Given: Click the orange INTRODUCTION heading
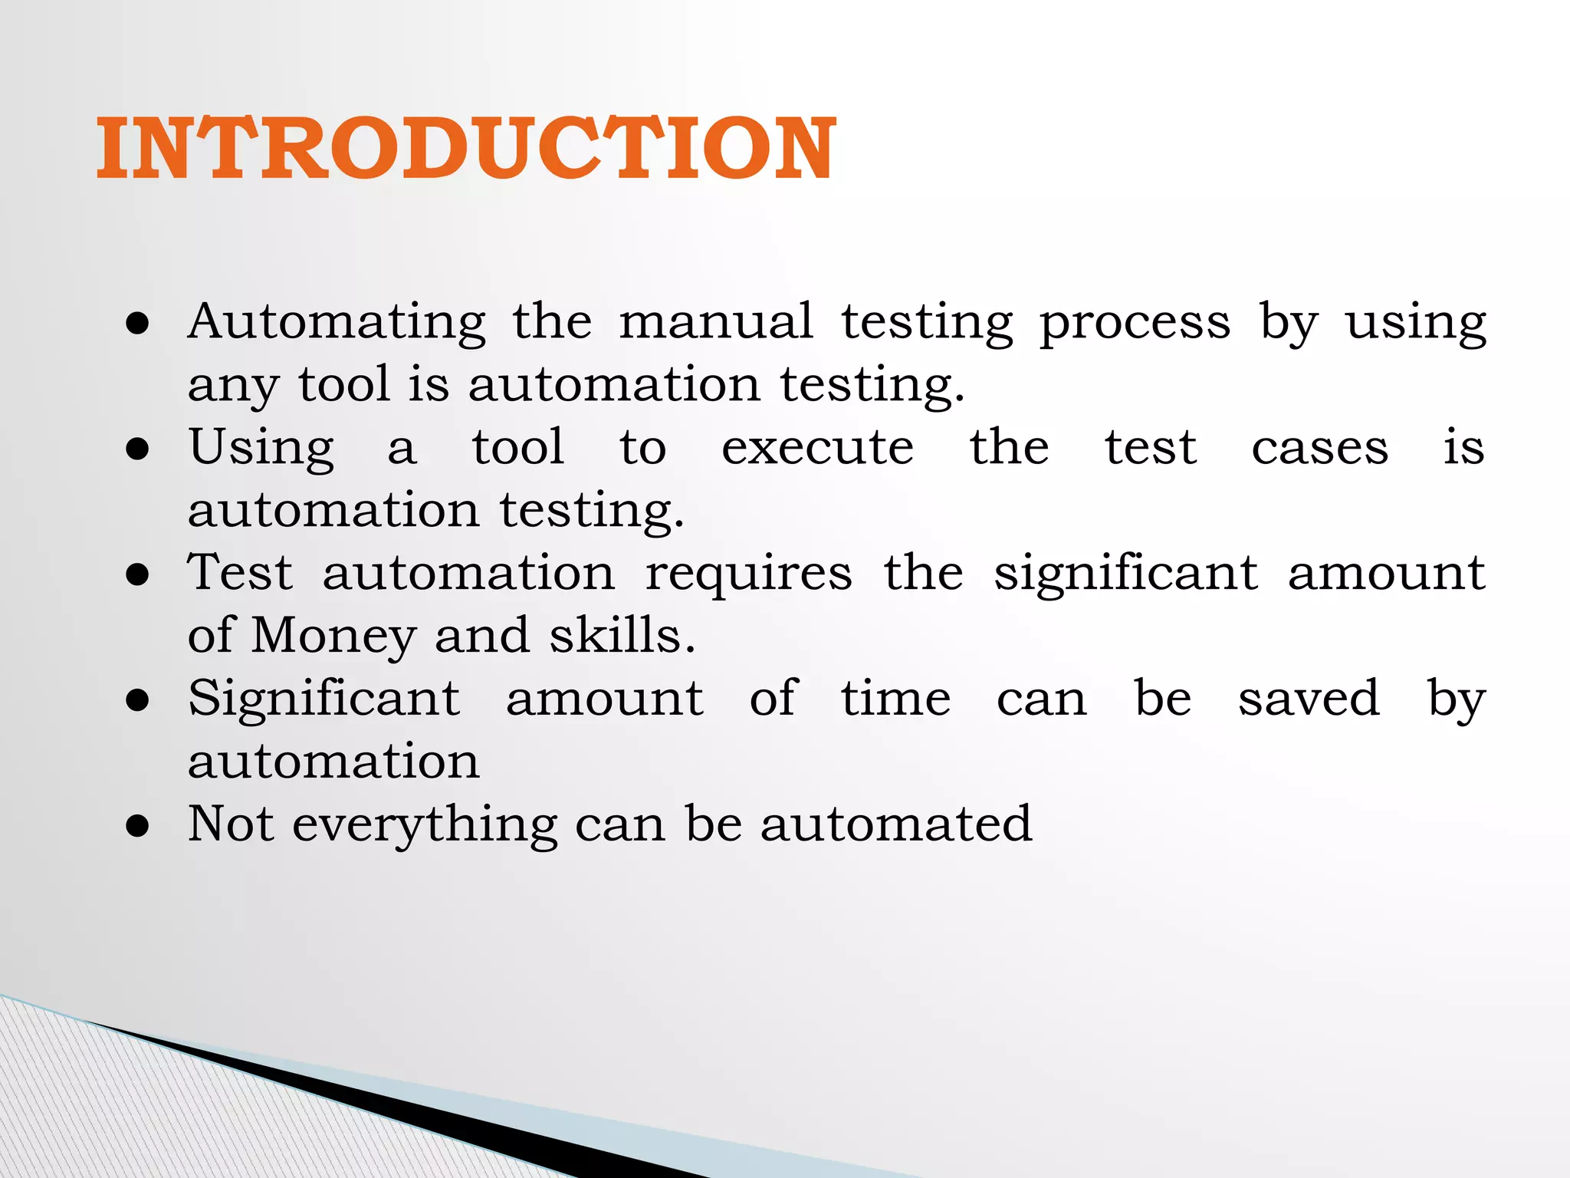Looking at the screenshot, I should point(466,149).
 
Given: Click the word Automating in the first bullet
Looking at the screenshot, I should point(337,321).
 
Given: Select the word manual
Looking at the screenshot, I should point(715,321).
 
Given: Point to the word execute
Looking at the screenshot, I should point(817,448).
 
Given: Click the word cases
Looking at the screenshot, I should point(1319,448).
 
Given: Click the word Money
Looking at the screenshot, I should point(333,637).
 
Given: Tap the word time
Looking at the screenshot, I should point(895,699).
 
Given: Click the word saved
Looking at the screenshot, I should point(1309,699).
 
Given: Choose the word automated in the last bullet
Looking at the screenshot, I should point(896,824).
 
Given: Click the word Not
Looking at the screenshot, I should point(231,824).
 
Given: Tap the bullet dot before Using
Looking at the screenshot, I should point(138,449).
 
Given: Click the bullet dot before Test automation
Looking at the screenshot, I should point(138,575).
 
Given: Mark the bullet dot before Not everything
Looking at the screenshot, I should point(138,827).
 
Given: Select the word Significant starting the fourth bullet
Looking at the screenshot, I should point(324,700).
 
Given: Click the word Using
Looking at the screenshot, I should point(261,449).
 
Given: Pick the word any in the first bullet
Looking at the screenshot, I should point(232,386).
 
